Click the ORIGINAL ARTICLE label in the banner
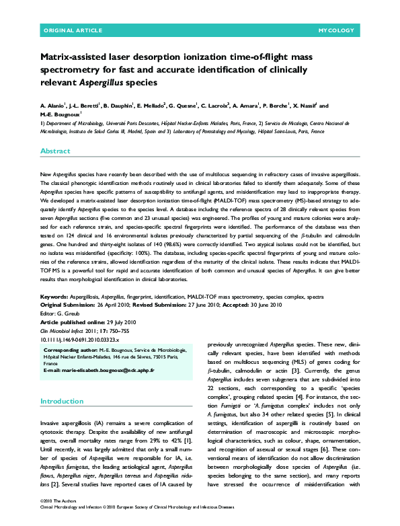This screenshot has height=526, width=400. pos(73,31)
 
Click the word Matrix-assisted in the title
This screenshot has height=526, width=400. pos(76,58)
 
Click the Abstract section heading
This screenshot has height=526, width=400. pos(55,151)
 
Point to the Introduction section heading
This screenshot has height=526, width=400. pos(61,402)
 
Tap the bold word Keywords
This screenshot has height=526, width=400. pos(54,296)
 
